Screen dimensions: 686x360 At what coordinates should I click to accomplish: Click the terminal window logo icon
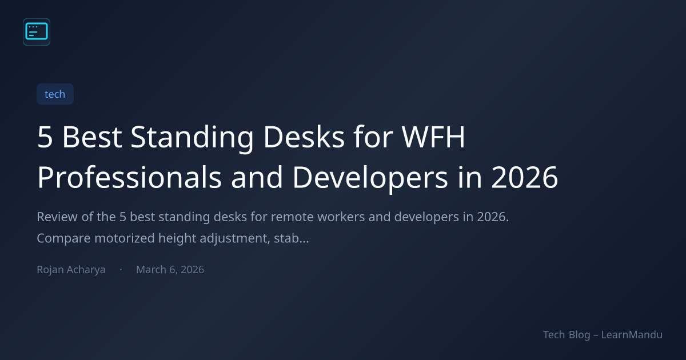pos(37,32)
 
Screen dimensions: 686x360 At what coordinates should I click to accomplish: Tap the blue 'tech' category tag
pos(55,94)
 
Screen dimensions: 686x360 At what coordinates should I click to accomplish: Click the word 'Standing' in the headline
pos(192,137)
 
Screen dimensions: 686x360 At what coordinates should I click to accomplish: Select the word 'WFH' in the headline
pos(433,137)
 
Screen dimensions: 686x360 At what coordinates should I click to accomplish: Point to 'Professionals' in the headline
pos(129,177)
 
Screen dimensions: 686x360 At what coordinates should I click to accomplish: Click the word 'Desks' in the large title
pos(304,137)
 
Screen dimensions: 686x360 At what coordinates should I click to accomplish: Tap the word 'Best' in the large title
pos(92,137)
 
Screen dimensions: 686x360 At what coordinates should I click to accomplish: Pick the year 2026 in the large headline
pos(525,177)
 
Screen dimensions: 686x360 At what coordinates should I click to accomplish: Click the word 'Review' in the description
pos(57,217)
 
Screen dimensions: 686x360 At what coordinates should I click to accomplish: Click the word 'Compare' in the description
pos(63,238)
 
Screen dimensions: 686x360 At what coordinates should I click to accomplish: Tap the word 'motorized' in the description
pos(125,238)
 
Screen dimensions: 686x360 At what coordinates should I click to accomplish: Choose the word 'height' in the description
pos(177,238)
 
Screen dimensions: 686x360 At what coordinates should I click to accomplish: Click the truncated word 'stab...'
pos(291,238)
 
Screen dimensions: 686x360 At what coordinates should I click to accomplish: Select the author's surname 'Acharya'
pos(86,270)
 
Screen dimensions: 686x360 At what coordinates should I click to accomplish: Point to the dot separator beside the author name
pos(121,269)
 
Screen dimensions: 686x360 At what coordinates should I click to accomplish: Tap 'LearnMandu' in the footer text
pos(632,335)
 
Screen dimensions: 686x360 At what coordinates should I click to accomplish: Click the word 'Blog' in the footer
pos(580,335)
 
